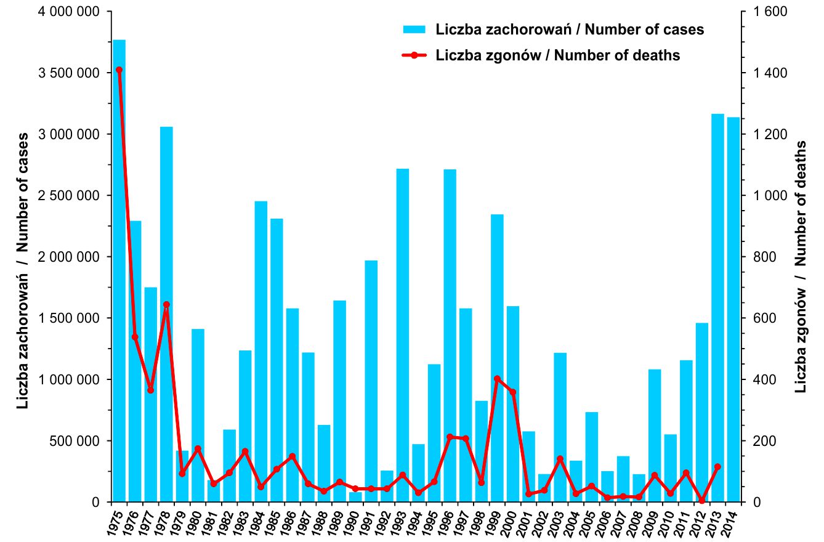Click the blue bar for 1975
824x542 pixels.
(x=119, y=271)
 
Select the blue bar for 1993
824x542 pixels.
(x=403, y=335)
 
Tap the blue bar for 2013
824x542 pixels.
(x=717, y=308)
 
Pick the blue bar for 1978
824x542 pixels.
(x=166, y=314)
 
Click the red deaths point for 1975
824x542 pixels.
(x=119, y=70)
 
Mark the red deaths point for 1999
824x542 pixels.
(x=497, y=379)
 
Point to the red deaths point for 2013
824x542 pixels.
(x=717, y=467)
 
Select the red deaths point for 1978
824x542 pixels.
(x=166, y=304)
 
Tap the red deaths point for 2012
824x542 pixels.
(x=702, y=501)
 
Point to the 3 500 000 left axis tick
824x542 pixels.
(x=70, y=73)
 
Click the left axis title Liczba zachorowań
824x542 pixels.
(x=23, y=271)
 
